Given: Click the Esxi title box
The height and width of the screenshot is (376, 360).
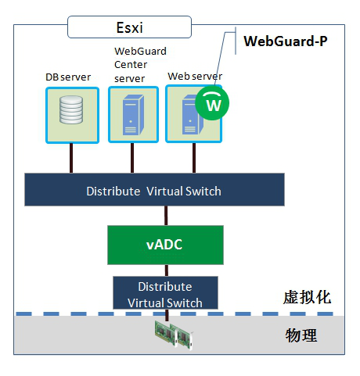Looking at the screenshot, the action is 129,27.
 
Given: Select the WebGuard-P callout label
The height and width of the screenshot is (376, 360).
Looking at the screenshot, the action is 286,41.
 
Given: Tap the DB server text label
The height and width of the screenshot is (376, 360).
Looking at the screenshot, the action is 68,77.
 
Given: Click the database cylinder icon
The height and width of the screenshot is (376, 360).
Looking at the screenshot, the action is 71,109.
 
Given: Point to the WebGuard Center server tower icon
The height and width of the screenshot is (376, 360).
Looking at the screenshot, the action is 133,115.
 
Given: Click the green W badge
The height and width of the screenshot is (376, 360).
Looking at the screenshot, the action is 212,103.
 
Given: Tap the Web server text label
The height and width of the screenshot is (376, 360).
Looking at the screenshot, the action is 195,77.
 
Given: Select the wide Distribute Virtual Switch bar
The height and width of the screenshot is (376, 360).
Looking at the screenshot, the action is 154,190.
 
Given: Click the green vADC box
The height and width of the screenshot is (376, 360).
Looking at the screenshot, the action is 165,245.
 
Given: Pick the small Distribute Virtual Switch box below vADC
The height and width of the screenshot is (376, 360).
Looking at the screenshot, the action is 165,293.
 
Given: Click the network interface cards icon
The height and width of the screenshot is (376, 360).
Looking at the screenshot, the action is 174,335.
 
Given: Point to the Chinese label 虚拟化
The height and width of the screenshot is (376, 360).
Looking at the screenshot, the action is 307,297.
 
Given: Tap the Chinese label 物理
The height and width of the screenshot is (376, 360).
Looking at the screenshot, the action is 301,335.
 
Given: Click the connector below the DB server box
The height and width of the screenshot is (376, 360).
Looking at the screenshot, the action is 71,158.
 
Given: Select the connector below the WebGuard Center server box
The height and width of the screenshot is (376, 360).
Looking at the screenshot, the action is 132,158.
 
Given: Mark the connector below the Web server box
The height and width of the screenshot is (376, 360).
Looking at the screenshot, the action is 194,158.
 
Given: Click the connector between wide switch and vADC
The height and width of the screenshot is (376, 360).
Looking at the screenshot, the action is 166,216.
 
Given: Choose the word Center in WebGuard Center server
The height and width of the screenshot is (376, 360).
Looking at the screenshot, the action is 131,65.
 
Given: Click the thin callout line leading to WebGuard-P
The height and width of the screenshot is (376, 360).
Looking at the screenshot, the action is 221,59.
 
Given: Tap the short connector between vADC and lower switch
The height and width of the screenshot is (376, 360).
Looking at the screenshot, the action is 167,270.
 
